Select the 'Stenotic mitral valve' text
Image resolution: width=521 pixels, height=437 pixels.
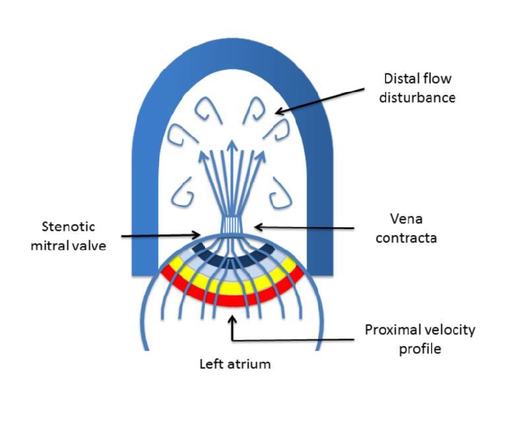point(69,236)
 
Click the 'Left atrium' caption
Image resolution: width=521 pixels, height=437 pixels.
point(235,363)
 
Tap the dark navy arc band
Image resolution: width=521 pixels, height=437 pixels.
point(232,259)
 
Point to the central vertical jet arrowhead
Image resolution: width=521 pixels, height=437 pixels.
point(234,144)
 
